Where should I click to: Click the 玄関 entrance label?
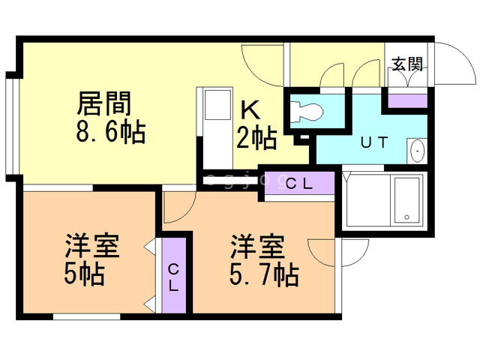tap(406, 64)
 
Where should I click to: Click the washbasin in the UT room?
tap(416, 151)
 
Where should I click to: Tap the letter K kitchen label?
tap(250, 110)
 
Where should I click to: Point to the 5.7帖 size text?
tap(263, 275)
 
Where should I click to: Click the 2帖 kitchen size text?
tap(257, 138)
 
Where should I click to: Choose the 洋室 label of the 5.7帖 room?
tap(257, 246)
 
